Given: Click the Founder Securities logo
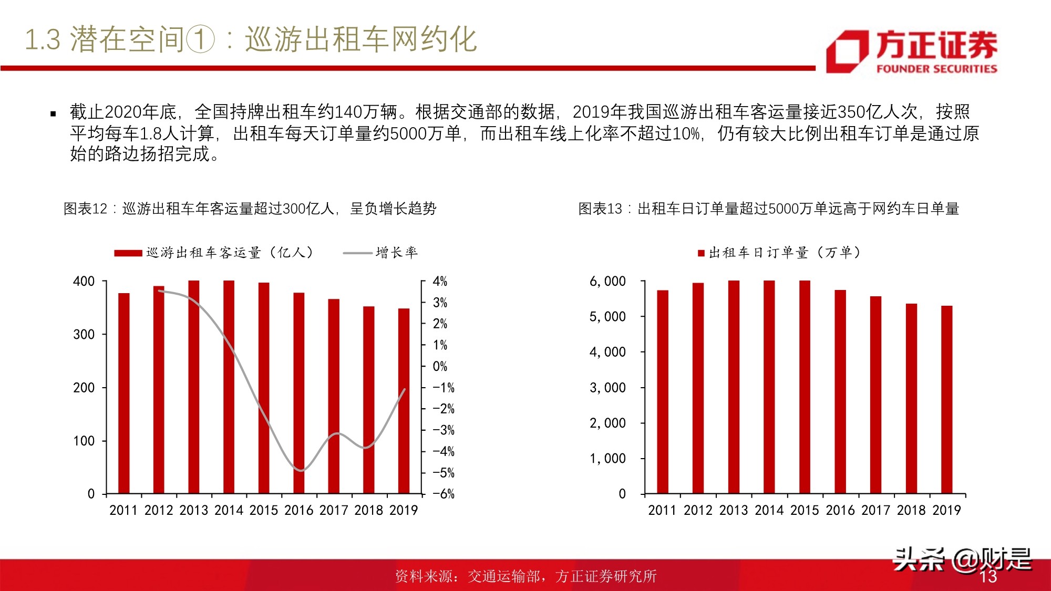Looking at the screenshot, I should pyautogui.click(x=911, y=51).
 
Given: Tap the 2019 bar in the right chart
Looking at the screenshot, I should pyautogui.click(x=946, y=399).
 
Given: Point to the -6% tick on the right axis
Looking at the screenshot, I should pyautogui.click(x=444, y=494).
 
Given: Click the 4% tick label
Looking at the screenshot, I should pyautogui.click(x=440, y=282).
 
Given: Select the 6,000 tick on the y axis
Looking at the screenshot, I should pyautogui.click(x=607, y=282).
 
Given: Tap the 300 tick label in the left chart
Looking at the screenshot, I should pyautogui.click(x=84, y=335).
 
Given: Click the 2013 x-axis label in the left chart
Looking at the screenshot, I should pyautogui.click(x=194, y=510).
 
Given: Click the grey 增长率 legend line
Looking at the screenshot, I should pyautogui.click(x=357, y=253).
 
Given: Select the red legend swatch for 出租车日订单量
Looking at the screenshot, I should pyautogui.click(x=701, y=253).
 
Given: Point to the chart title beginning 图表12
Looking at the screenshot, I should pyautogui.click(x=250, y=209).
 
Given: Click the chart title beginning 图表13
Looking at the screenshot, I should pyautogui.click(x=768, y=209).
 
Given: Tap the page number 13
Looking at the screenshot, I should pyautogui.click(x=988, y=576).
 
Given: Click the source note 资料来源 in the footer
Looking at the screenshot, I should pyautogui.click(x=525, y=576).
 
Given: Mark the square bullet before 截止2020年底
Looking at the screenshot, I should pyautogui.click(x=53, y=113).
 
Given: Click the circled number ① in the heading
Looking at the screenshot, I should pyautogui.click(x=201, y=40).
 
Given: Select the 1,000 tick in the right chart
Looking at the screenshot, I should pyautogui.click(x=607, y=459).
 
